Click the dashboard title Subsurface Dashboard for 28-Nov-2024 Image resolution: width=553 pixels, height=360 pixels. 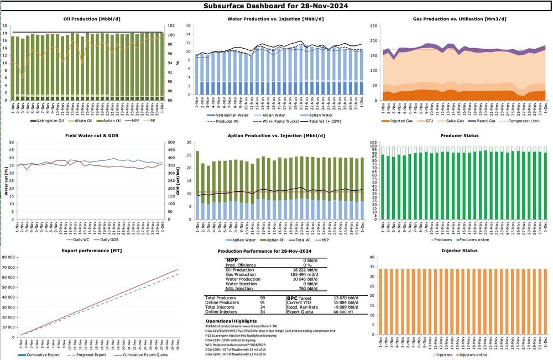pos(276,6)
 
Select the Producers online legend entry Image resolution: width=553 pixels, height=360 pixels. pos(478,239)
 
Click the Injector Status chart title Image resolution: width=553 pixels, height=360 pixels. pos(460,251)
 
